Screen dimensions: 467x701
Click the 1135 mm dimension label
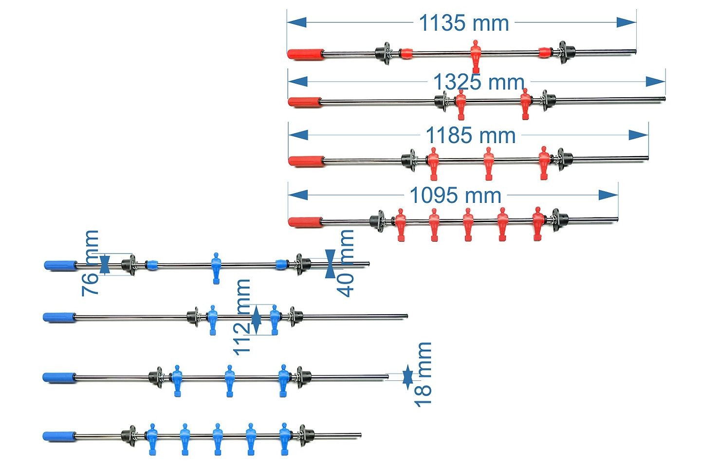pos(463,23)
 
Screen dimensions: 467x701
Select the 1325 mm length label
pos(479,82)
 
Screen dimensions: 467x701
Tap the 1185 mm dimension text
pos(470,135)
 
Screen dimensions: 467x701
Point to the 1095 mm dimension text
pos(455,195)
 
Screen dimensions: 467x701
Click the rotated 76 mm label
pos(91,263)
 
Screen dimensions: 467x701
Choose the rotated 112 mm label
pos(242,317)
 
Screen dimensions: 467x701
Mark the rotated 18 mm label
pos(423,374)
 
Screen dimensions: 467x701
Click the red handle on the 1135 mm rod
pos(305,54)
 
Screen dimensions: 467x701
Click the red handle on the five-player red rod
pos(305,222)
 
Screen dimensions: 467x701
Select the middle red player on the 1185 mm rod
pos(488,162)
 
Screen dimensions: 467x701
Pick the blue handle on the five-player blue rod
pos(59,436)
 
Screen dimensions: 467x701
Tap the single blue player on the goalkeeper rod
pos(216,267)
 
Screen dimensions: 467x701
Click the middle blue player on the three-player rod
pos(229,380)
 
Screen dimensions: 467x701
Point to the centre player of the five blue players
pos(218,438)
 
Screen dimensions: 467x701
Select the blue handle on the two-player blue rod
pos(59,317)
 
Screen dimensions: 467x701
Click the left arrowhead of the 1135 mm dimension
pos(296,22)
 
